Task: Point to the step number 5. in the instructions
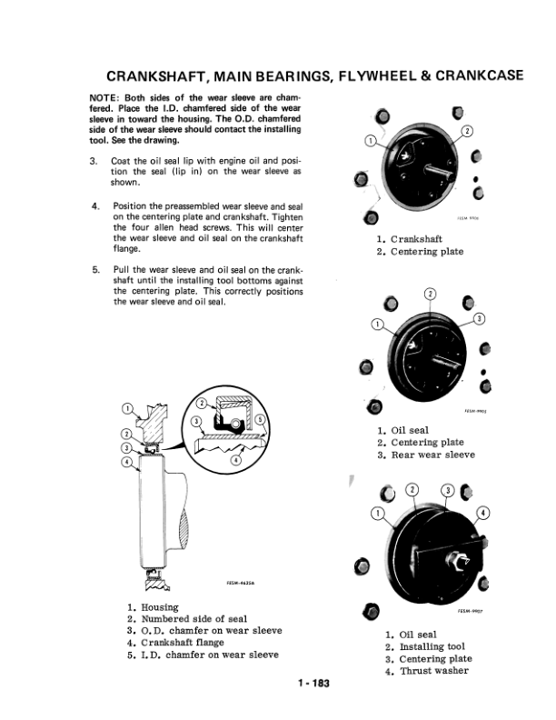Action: pyautogui.click(x=95, y=270)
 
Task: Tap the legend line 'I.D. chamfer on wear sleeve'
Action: pyautogui.click(x=210, y=654)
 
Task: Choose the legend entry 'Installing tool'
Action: pyautogui.click(x=431, y=646)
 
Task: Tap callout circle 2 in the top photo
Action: pyautogui.click(x=468, y=131)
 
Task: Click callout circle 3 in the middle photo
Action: pyautogui.click(x=480, y=316)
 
